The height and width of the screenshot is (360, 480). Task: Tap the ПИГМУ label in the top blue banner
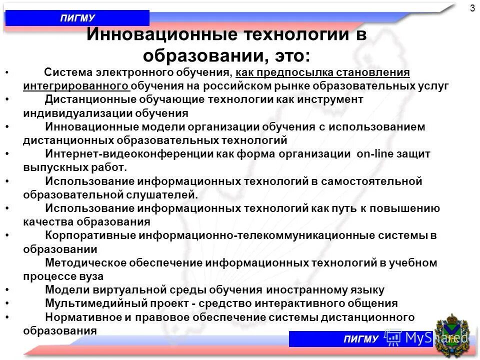[77, 18]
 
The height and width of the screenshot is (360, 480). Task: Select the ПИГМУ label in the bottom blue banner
[361, 339]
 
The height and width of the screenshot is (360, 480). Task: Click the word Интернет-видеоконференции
[129, 154]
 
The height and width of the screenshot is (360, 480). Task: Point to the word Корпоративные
[90, 235]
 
